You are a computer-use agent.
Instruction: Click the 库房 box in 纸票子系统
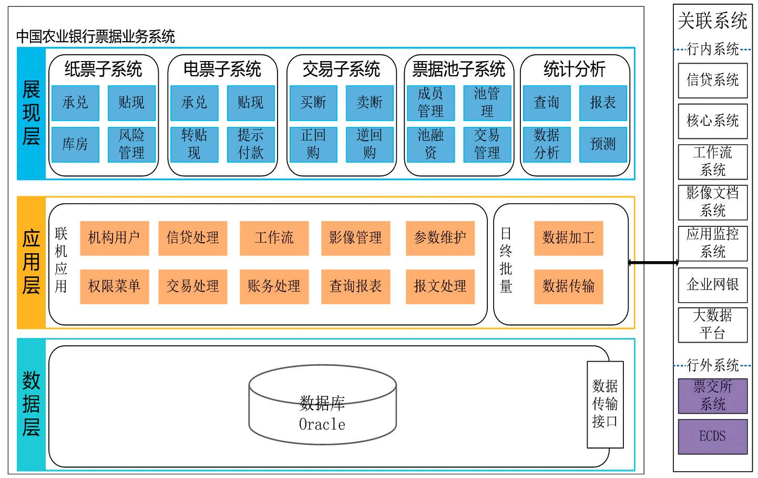75,144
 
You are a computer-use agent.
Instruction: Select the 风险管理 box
131,144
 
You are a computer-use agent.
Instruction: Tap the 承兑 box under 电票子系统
194,103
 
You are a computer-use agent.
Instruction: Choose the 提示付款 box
250,144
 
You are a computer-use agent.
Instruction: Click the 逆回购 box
370,144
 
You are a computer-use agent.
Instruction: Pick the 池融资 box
431,144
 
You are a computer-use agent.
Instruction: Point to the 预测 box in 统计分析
602,144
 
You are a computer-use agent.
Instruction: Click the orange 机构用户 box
114,238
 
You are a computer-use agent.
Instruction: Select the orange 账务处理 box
274,286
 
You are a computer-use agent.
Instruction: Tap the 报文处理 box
440,286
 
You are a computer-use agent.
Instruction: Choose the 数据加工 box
568,238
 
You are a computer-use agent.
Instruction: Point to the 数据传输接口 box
605,404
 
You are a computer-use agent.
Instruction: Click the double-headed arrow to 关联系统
653,263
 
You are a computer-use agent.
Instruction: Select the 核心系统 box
712,121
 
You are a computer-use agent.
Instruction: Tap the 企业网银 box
712,285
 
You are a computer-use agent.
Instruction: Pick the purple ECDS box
712,436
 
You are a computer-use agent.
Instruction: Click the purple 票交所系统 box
712,396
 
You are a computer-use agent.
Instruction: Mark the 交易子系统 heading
341,69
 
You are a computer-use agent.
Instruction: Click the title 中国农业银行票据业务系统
96,36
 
